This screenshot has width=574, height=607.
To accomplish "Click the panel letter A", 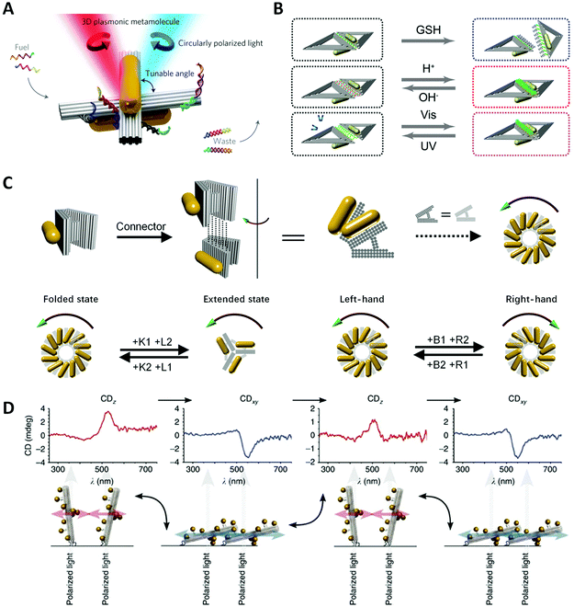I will click(x=12, y=12).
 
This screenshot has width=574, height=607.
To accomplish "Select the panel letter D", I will click(x=11, y=404).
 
